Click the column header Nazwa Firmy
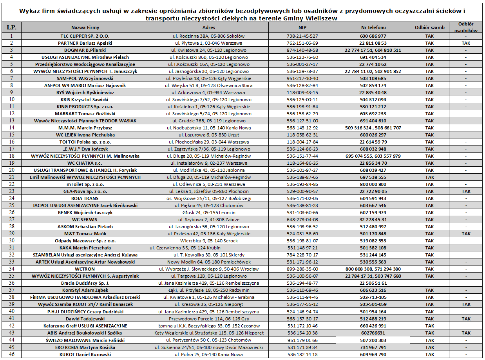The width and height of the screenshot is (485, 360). pyautogui.click(x=85, y=27)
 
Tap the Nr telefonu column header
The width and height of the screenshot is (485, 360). pyautogui.click(x=373, y=27)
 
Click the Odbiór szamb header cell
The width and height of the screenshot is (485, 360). pyautogui.click(x=429, y=27)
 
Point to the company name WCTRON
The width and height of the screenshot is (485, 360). pyautogui.click(x=85, y=269)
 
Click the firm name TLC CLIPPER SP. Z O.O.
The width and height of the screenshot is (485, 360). pyautogui.click(x=85, y=36)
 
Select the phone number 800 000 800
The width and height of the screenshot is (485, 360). pyautogui.click(x=373, y=184)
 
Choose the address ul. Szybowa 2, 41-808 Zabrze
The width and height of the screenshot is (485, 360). pyautogui.click(x=208, y=220)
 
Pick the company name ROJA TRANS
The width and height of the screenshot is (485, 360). pyautogui.click(x=85, y=198)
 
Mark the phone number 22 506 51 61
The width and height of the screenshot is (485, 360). pyautogui.click(x=373, y=283)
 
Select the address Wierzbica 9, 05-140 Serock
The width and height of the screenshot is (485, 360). pyautogui.click(x=208, y=241)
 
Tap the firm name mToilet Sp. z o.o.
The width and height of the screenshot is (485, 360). pyautogui.click(x=85, y=184)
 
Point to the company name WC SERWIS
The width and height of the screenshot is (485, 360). pyautogui.click(x=85, y=220)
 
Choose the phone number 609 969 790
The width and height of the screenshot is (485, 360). pyautogui.click(x=373, y=355)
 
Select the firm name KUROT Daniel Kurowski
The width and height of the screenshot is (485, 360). pyautogui.click(x=85, y=355)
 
